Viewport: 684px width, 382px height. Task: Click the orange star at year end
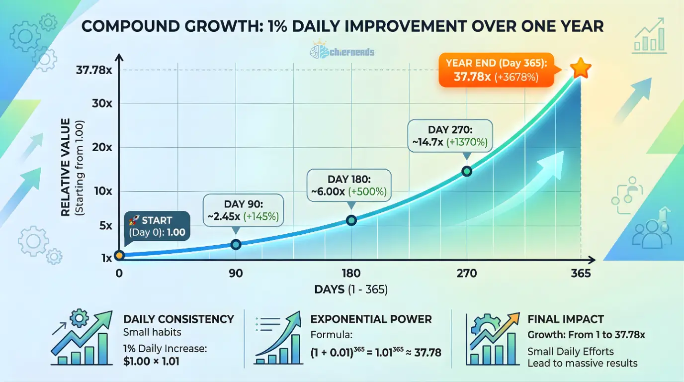pyautogui.click(x=579, y=69)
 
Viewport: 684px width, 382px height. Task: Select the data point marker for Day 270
pyautogui.click(x=467, y=171)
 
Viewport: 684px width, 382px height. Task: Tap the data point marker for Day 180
pyautogui.click(x=351, y=220)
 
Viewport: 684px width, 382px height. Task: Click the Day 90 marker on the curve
pyautogui.click(x=236, y=244)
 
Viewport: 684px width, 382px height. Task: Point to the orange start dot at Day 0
pyautogui.click(x=119, y=255)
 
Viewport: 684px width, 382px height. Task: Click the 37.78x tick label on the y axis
pyautogui.click(x=94, y=70)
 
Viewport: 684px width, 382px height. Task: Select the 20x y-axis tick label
pyautogui.click(x=102, y=147)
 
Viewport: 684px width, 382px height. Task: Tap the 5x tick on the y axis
pyautogui.click(x=105, y=225)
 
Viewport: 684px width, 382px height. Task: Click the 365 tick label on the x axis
pyautogui.click(x=581, y=274)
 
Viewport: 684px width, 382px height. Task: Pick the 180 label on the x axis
pyautogui.click(x=351, y=274)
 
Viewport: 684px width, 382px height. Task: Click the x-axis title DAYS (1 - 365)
pyautogui.click(x=351, y=289)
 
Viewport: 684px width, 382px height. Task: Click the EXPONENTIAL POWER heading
pyautogui.click(x=371, y=319)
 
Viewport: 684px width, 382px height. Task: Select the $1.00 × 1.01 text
pyautogui.click(x=151, y=361)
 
